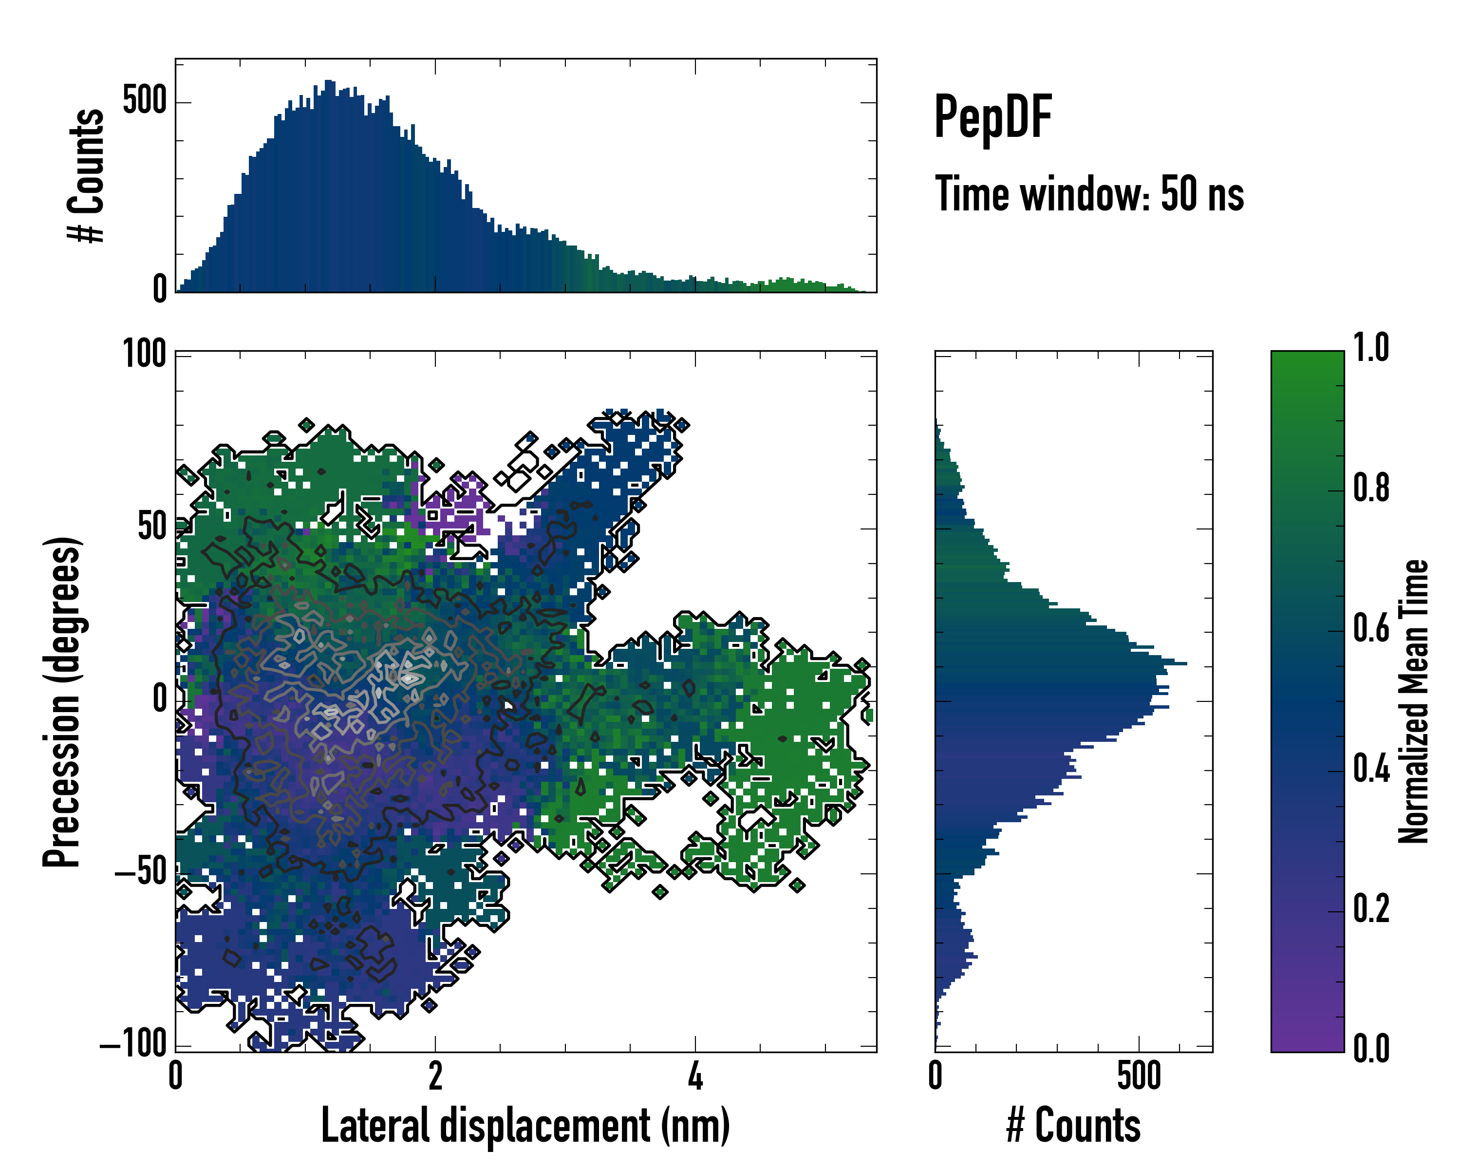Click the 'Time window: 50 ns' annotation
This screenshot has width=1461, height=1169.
point(1089,194)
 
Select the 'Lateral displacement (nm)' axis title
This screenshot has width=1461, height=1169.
point(525,1125)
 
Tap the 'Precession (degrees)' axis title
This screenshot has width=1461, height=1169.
point(62,701)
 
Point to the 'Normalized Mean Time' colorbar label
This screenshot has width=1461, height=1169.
point(1414,701)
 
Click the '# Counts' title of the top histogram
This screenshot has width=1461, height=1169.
point(87,175)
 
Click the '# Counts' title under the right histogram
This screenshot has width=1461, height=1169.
point(1073,1125)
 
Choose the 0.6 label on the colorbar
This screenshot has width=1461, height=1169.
point(1371,629)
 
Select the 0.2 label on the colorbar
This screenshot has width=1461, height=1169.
point(1371,909)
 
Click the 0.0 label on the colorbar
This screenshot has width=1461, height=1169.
point(1371,1049)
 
